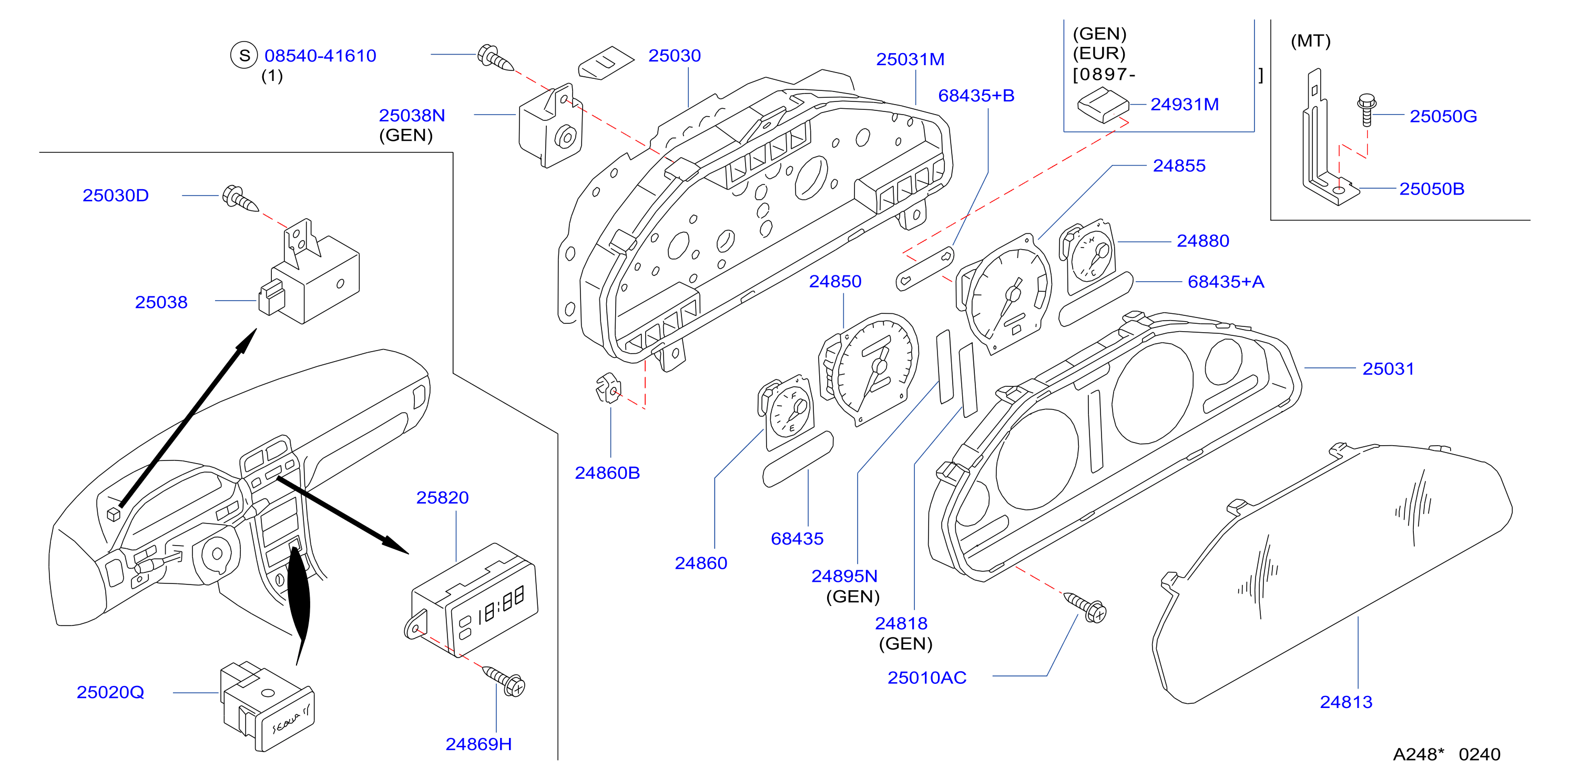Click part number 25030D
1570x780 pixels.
116,196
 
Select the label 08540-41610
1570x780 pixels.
321,56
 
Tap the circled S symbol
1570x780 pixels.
244,56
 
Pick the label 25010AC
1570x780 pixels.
926,678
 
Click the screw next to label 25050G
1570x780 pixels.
1367,110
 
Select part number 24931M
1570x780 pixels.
1184,104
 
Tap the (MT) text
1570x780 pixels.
1310,41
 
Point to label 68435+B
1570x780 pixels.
976,96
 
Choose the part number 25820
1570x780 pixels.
443,498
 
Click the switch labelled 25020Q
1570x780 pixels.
267,706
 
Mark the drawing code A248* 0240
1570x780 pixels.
1446,754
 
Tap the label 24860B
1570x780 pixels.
607,473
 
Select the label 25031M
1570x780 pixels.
910,60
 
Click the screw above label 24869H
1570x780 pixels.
505,681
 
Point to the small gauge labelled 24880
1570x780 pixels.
1088,256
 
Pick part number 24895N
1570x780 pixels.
844,577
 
